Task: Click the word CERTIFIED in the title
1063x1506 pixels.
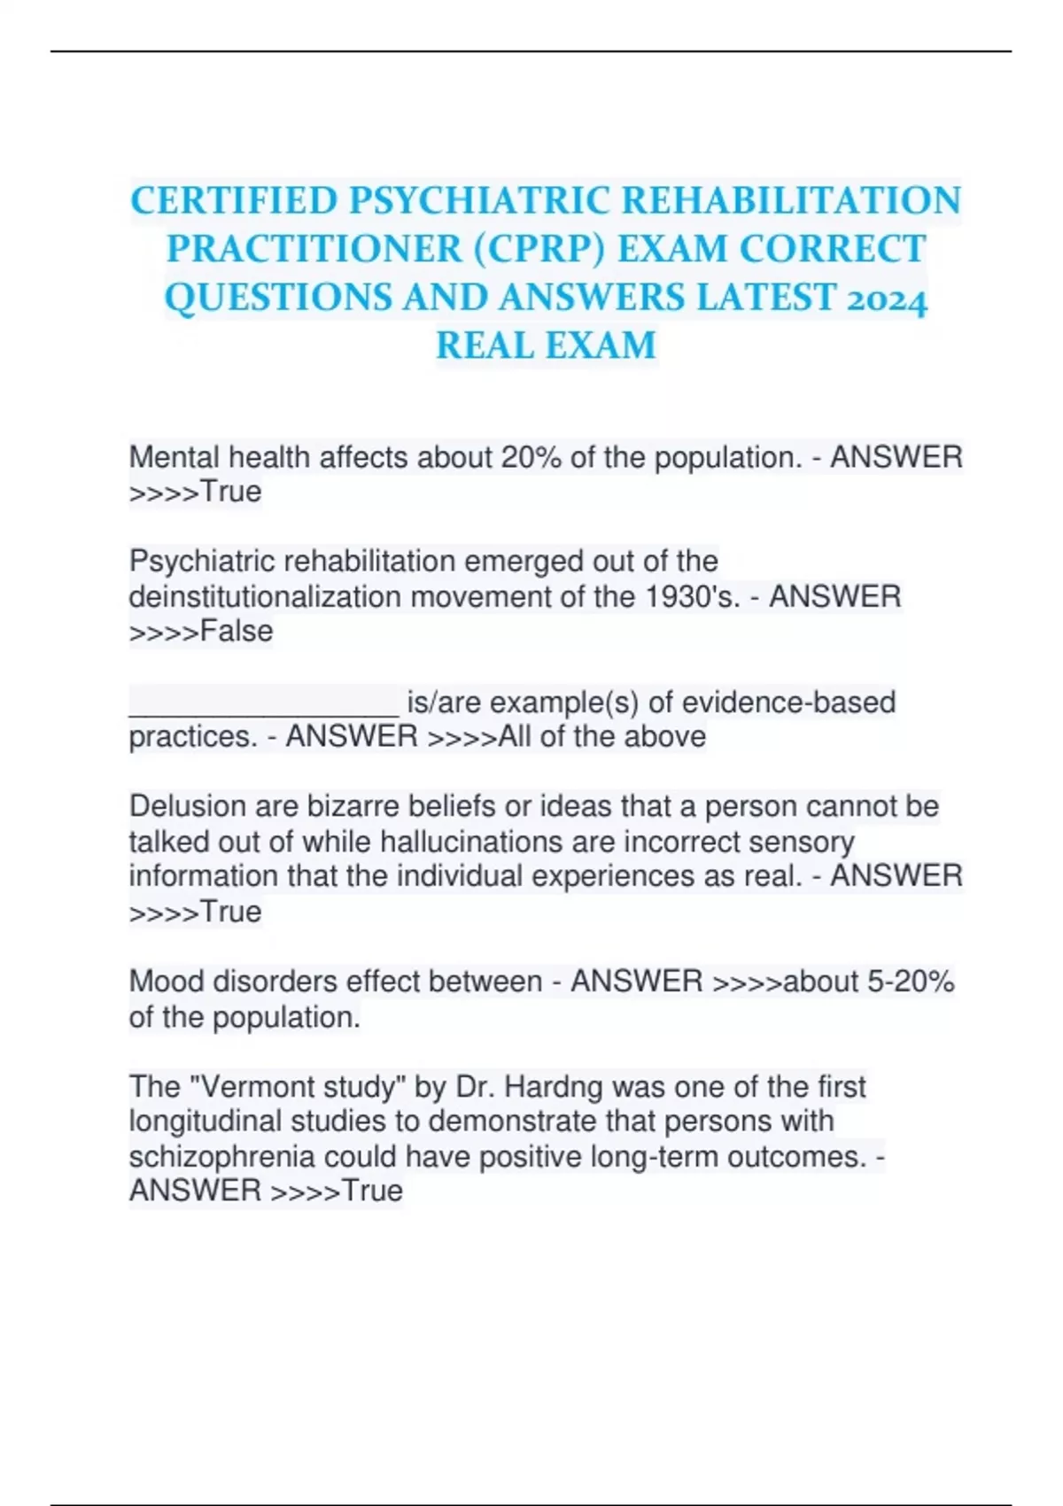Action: pos(234,201)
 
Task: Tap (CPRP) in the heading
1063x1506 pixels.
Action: pos(539,249)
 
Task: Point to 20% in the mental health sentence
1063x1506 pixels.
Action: pos(531,457)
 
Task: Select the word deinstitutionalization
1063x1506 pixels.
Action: pos(265,596)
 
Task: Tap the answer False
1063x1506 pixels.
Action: pos(237,632)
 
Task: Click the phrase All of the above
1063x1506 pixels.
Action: pos(602,736)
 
